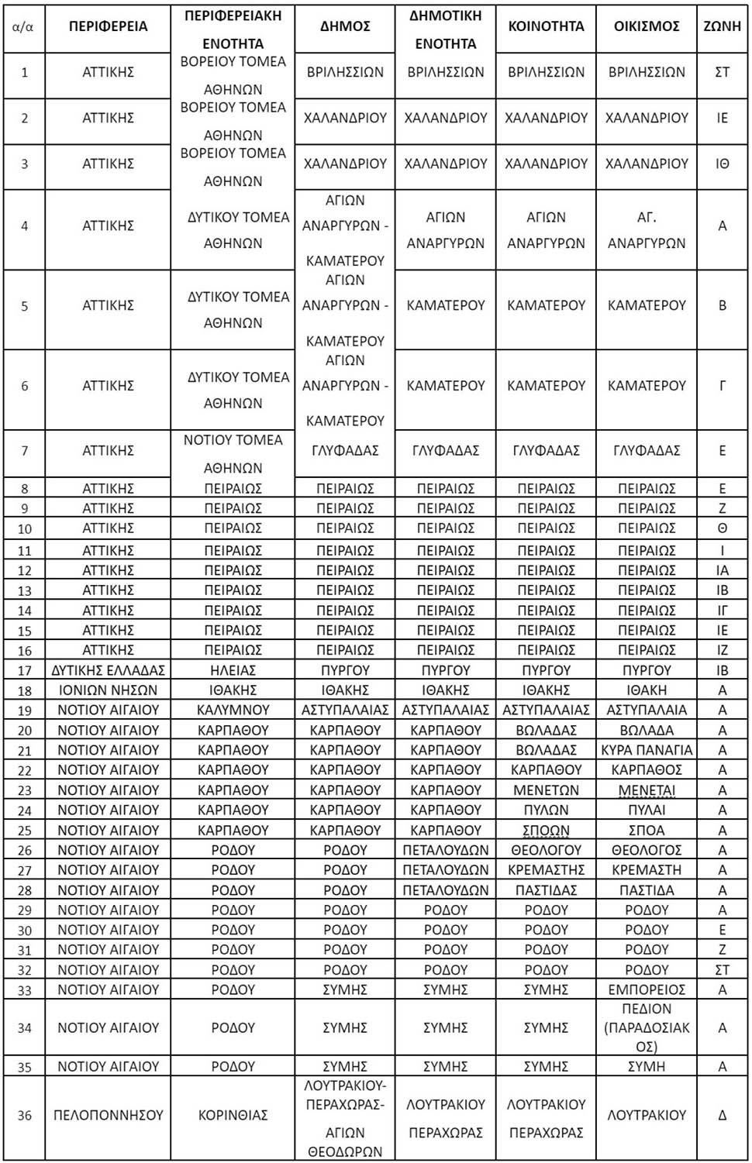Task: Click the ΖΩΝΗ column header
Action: (x=722, y=26)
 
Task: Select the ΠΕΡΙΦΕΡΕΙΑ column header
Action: (x=108, y=26)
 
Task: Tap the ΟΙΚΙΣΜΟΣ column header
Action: (x=647, y=26)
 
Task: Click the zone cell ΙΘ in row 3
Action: (x=722, y=163)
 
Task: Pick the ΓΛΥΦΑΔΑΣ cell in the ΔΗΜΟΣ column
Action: (x=345, y=450)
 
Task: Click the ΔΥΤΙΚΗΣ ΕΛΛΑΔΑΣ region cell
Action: (x=108, y=670)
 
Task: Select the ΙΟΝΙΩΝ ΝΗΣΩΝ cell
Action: (x=108, y=690)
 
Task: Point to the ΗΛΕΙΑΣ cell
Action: (x=233, y=670)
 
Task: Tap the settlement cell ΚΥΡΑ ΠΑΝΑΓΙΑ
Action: (x=647, y=750)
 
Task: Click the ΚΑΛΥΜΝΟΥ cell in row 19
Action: (x=233, y=710)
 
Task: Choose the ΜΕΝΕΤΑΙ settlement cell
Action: (x=647, y=790)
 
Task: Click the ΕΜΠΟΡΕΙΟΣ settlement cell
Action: (x=647, y=989)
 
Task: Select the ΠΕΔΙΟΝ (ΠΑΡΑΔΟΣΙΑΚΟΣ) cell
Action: (x=647, y=1027)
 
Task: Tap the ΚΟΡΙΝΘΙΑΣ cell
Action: (x=233, y=1115)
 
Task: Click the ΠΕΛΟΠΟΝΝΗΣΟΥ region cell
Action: (x=108, y=1115)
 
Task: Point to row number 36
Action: (x=25, y=1115)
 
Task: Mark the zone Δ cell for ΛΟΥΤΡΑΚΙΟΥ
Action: (x=722, y=1115)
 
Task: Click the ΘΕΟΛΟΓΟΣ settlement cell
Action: (x=647, y=850)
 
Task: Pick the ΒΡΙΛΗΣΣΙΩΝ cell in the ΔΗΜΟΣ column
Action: (x=345, y=72)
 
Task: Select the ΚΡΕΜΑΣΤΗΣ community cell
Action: (x=546, y=870)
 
